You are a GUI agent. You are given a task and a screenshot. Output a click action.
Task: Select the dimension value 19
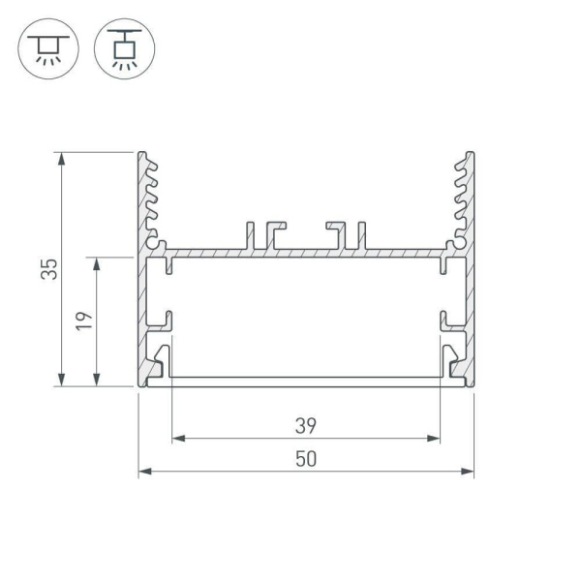pos(84,321)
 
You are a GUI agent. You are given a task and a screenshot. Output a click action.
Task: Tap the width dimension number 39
pos(306,424)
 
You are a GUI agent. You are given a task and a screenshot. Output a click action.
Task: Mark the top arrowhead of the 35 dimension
pos(63,158)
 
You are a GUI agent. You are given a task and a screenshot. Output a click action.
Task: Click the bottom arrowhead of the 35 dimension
pos(63,380)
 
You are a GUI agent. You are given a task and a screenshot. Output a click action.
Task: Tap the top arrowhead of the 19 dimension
pos(98,263)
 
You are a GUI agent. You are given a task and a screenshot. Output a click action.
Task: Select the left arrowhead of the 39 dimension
pos(178,439)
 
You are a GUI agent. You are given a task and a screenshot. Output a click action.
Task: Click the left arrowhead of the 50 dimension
pos(144,472)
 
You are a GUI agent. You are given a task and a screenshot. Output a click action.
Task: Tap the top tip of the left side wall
pos(141,155)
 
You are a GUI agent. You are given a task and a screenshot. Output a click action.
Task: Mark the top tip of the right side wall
pos(471,155)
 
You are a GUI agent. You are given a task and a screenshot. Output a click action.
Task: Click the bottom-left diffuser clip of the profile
pos(161,360)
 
